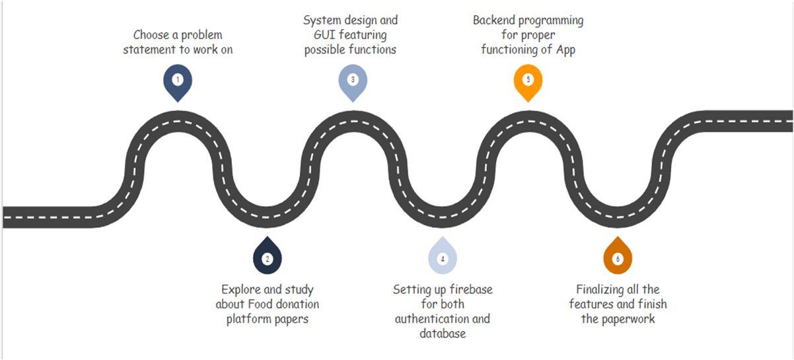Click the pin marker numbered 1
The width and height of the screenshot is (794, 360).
click(x=177, y=81)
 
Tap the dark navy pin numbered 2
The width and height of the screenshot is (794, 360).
click(x=267, y=258)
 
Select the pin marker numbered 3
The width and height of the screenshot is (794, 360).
click(x=353, y=81)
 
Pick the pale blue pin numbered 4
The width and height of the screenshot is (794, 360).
click(x=443, y=258)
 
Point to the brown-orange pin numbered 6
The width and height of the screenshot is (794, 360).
click(x=618, y=258)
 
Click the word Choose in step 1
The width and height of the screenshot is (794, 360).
click(x=151, y=34)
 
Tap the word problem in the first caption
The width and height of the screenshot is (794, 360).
click(x=201, y=34)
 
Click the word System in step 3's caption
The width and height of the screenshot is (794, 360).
click(x=321, y=20)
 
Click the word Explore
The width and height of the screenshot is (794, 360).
click(x=242, y=289)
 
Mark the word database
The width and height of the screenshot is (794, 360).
click(x=443, y=334)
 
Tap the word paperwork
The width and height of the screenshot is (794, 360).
click(x=628, y=318)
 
